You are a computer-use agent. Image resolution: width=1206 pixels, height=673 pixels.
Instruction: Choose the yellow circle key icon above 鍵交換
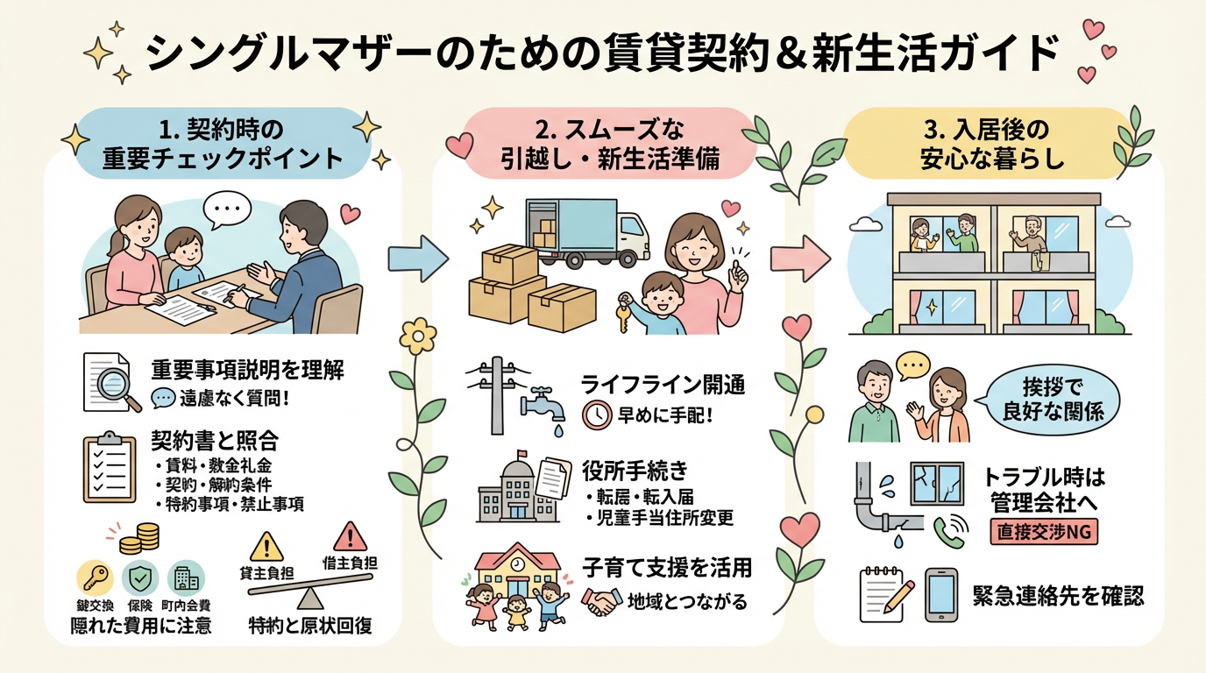tap(96, 578)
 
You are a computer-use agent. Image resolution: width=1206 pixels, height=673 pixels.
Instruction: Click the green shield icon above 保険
tap(140, 578)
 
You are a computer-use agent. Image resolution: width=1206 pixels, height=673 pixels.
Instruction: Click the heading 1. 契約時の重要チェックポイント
tap(223, 145)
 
